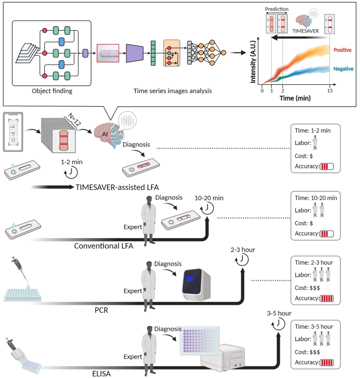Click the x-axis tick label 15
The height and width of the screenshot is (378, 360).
[329, 91]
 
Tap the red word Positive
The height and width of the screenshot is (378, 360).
[342, 50]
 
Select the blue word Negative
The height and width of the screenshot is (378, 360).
[343, 69]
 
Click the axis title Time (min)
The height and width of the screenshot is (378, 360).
[295, 98]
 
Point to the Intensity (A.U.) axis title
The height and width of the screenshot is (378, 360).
[253, 61]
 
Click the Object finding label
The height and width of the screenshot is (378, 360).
[52, 91]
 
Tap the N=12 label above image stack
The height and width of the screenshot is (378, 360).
[75, 119]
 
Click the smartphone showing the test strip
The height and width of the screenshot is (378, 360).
[13, 132]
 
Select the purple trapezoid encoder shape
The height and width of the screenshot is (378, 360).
[134, 53]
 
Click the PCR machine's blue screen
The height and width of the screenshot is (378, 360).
[190, 278]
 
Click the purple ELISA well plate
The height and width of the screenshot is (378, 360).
[200, 340]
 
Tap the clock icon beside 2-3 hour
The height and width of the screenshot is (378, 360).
[242, 260]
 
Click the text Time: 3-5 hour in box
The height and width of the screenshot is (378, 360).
[314, 327]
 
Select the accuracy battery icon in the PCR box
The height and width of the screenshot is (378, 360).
[327, 298]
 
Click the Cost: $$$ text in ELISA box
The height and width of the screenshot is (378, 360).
[307, 352]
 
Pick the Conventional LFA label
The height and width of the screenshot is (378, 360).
[104, 246]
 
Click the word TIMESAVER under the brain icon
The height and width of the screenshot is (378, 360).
[305, 31]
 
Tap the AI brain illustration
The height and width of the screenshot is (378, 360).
[108, 134]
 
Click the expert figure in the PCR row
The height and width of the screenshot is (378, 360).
[148, 286]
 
